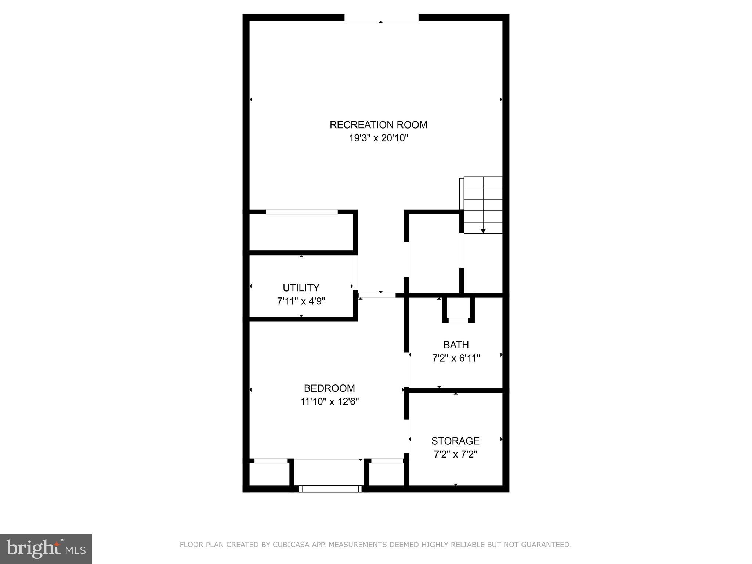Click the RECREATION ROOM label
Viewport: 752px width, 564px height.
378,125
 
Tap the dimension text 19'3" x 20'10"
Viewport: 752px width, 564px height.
378,138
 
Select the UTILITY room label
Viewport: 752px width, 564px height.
301,288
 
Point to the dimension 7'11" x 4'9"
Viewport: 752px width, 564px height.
301,301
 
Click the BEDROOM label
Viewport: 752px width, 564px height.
329,388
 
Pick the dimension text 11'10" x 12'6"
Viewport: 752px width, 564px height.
329,402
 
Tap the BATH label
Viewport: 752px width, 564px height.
456,345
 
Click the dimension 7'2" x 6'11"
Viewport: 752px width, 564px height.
456,358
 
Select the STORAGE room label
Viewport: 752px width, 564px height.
455,441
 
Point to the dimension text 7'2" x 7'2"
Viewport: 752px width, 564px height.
455,455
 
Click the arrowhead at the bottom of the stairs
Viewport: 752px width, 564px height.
483,231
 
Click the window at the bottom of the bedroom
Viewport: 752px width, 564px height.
330,489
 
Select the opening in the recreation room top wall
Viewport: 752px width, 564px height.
381,18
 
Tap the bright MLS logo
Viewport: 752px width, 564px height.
46,549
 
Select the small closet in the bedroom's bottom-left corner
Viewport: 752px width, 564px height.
270,474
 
